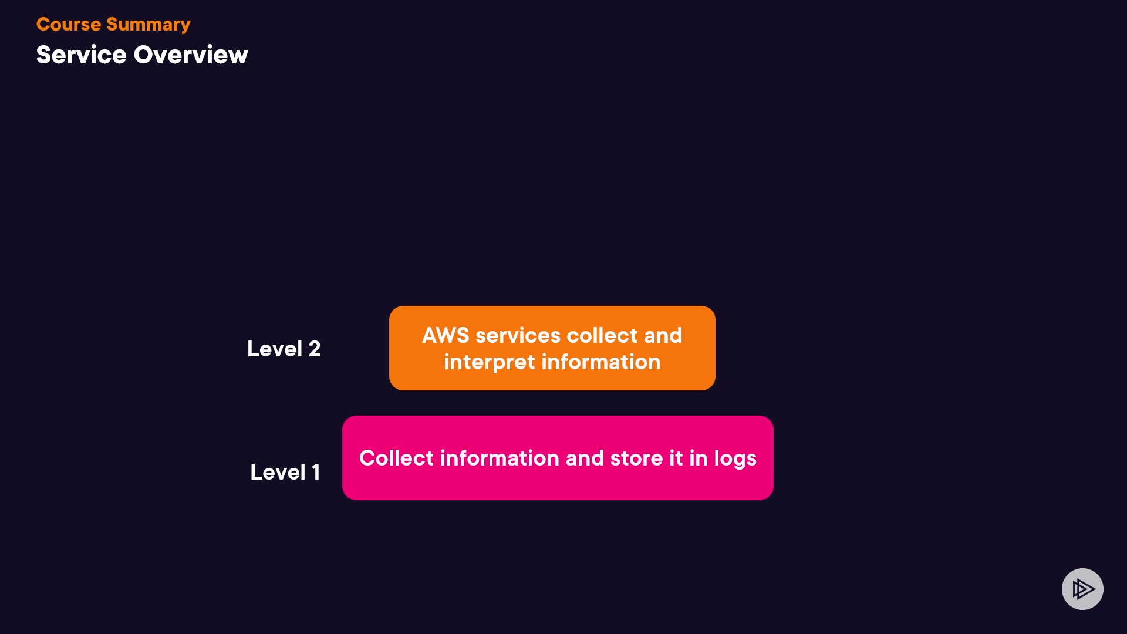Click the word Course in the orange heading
tap(69, 24)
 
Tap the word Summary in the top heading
tap(149, 25)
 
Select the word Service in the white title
tap(82, 55)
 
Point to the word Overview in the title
tap(191, 55)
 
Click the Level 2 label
tap(284, 349)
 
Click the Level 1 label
tap(285, 472)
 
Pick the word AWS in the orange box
tap(446, 335)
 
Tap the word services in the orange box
tap(518, 336)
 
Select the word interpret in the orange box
tap(490, 363)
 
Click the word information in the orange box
tap(601, 362)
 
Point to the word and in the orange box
tap(663, 335)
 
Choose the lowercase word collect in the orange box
tap(602, 335)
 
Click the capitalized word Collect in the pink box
tap(396, 458)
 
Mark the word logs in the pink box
tap(735, 459)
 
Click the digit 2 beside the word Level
tap(315, 349)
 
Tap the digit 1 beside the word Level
tap(316, 472)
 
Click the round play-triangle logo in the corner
tap(1082, 589)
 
